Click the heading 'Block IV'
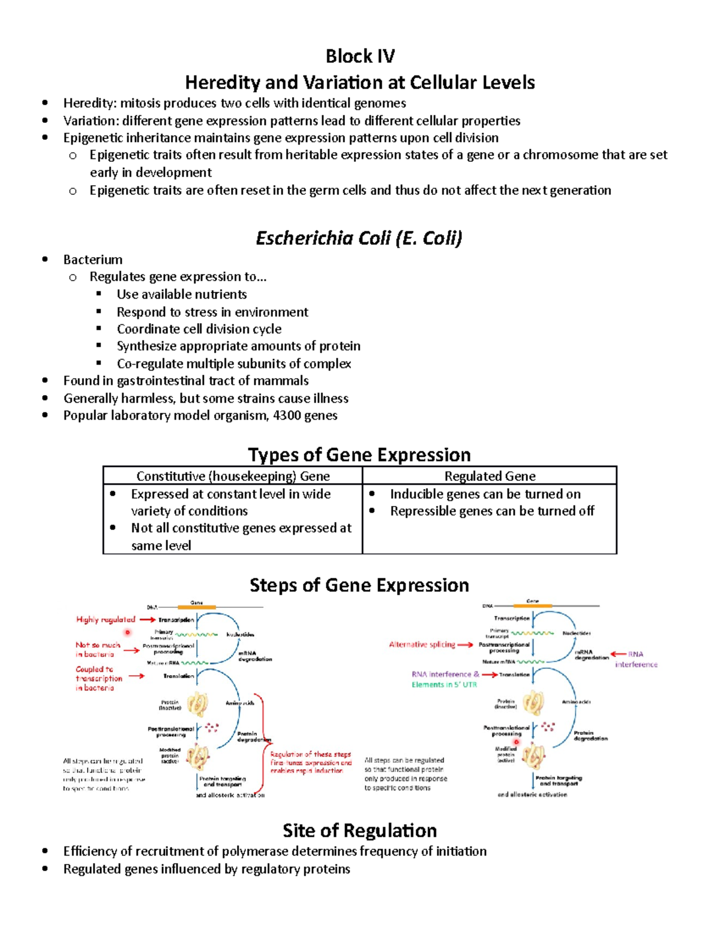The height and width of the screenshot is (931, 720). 360,56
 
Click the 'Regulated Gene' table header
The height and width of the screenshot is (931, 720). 490,476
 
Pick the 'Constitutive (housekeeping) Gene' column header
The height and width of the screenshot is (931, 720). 233,476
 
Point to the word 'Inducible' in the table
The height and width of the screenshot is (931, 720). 417,494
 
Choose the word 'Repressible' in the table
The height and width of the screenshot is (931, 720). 424,511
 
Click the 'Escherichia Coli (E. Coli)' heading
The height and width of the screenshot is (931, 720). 359,238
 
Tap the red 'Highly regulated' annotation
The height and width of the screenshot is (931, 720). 106,619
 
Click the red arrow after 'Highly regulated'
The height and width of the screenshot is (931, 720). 147,619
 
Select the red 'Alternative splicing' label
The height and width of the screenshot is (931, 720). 422,644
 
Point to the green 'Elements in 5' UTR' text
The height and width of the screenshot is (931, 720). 444,685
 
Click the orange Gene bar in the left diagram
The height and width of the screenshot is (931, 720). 197,607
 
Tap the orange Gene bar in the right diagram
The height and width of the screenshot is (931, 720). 532,605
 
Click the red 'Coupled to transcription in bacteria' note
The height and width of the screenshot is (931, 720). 98,678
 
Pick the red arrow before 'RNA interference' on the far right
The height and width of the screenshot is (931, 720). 618,654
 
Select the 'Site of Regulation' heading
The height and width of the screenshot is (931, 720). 359,830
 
